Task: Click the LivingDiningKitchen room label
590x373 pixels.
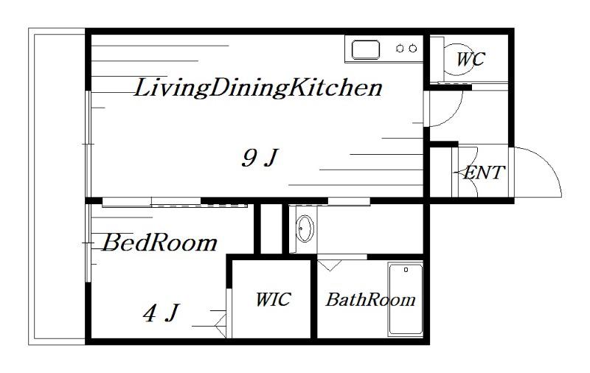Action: coord(258,88)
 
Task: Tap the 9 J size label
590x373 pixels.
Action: coord(260,158)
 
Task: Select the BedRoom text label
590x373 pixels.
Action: coord(159,243)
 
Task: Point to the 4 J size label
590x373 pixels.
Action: coord(160,313)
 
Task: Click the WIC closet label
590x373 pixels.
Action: coord(273,299)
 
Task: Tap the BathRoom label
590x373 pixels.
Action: coord(371,300)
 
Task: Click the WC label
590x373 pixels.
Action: coord(471,59)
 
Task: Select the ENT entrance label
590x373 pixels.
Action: coord(484,172)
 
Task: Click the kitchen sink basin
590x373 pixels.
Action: coord(365,49)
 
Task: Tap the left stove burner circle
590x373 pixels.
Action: coord(400,49)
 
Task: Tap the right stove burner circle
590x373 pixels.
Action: coord(413,49)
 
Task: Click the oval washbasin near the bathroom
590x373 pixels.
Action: coord(305,229)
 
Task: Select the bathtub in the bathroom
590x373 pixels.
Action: coord(406,299)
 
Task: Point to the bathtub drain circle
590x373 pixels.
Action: coord(406,270)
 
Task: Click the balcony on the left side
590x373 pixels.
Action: coord(57,186)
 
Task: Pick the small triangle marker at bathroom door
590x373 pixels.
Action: coord(330,266)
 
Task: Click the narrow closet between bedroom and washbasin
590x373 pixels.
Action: coord(271,229)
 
